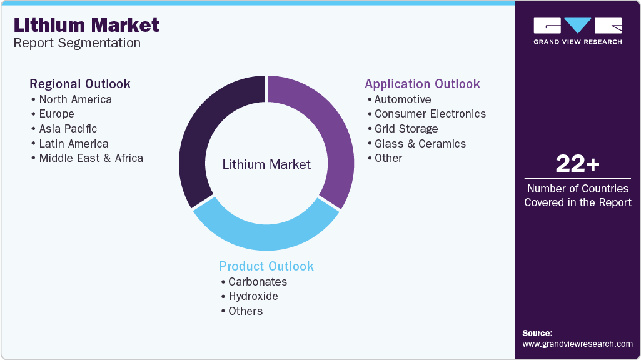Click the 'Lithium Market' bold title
click(x=86, y=26)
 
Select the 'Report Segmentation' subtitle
click(x=77, y=43)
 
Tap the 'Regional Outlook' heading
click(x=79, y=84)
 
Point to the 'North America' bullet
click(x=75, y=99)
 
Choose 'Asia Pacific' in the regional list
click(x=68, y=129)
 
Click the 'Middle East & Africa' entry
click(x=91, y=158)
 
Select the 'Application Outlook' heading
click(x=422, y=84)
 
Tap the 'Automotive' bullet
click(x=403, y=99)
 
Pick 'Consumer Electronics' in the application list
click(x=430, y=114)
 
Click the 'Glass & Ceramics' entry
click(x=420, y=143)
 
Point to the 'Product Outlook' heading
click(x=266, y=266)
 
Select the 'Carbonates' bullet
click(x=258, y=282)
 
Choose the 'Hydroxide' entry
click(x=253, y=296)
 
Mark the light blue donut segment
click(x=266, y=237)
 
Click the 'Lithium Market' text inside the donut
click(x=266, y=164)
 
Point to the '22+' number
click(x=578, y=164)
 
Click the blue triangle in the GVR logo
click(x=577, y=25)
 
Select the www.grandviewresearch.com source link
click(x=577, y=344)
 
